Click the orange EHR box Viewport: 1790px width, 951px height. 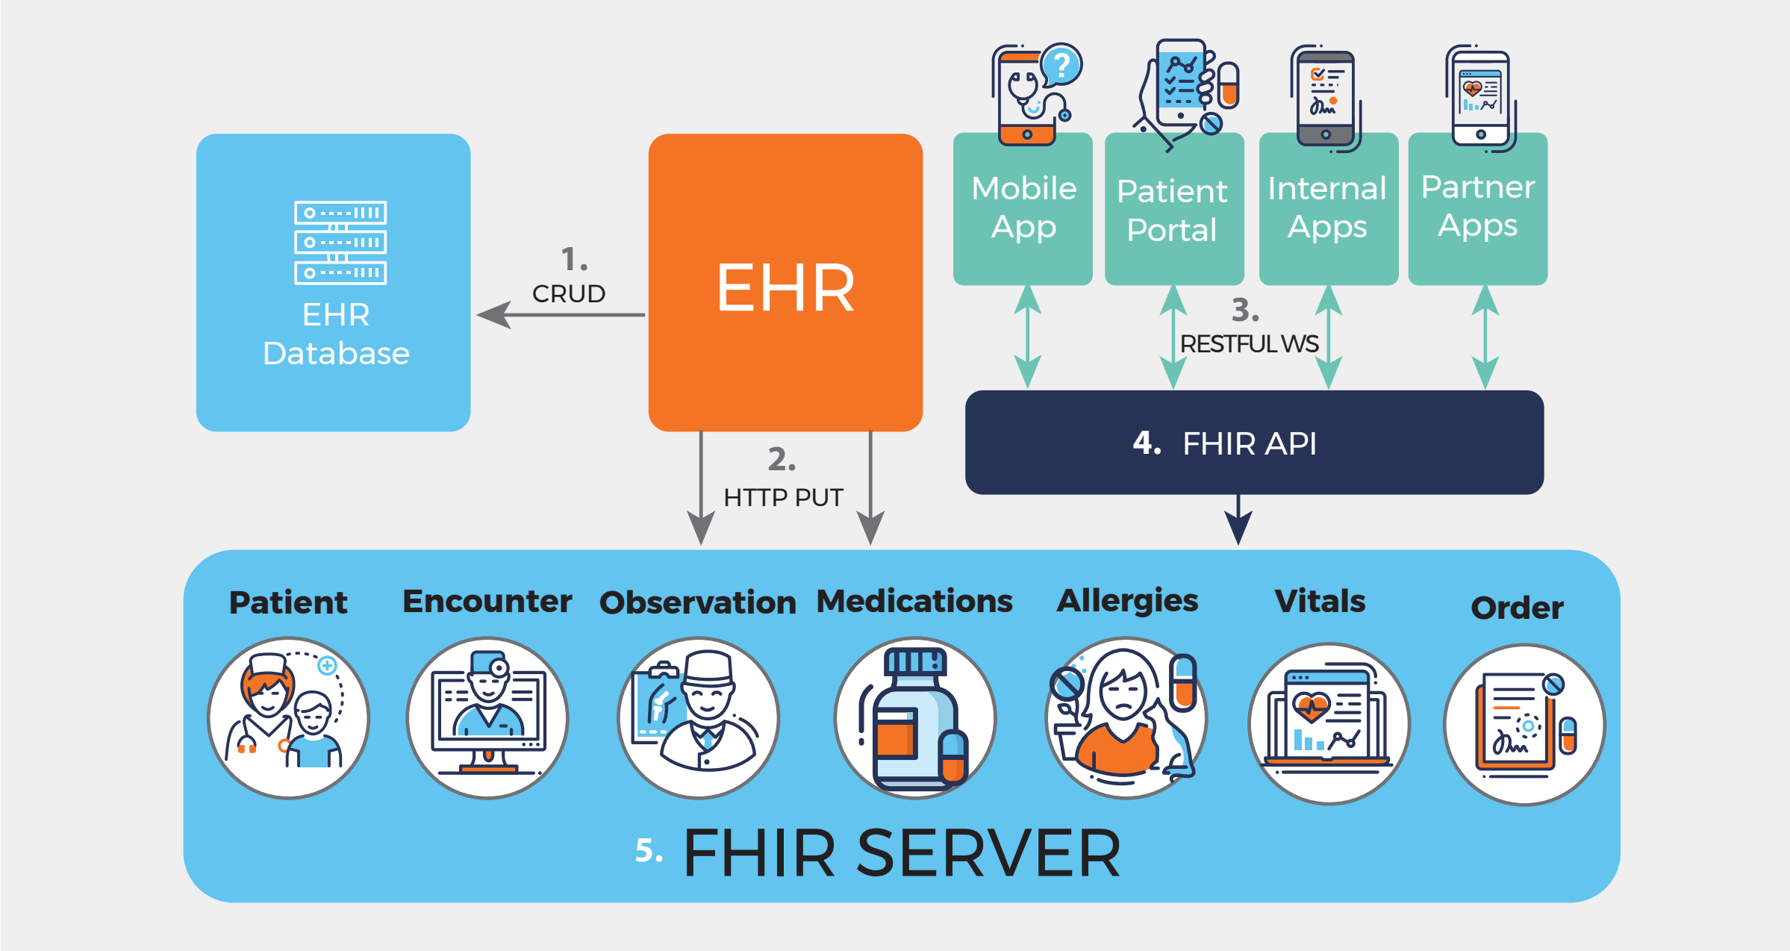coord(785,284)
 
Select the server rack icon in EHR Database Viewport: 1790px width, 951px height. coord(340,243)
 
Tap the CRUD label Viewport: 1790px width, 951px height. coord(568,293)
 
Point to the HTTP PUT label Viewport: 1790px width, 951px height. coord(783,497)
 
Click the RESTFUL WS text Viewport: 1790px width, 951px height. coord(1249,343)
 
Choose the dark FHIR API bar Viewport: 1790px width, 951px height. coord(1254,443)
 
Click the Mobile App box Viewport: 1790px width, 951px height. coord(1023,209)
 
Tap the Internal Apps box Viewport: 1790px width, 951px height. coord(1328,209)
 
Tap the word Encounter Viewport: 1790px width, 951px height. coord(487,602)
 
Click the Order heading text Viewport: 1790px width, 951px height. coord(1517,608)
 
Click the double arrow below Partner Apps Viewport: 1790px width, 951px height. coord(1485,337)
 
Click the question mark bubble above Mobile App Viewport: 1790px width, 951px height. coord(1061,64)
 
